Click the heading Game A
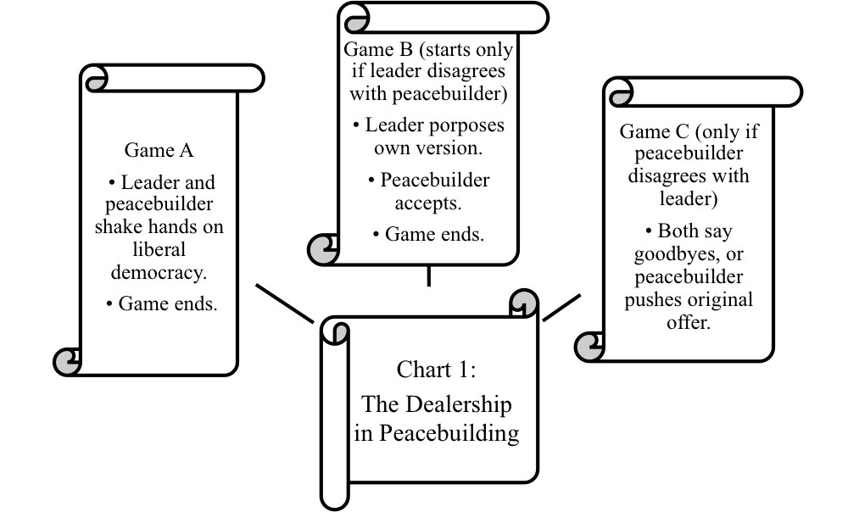point(159,150)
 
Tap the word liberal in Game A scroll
point(159,249)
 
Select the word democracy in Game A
point(159,272)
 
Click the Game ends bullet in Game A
point(162,303)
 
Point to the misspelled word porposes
point(434,125)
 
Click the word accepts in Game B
point(428,203)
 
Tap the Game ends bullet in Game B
point(428,234)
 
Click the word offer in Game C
point(688,322)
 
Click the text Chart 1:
point(436,370)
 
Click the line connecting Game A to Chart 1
point(285,303)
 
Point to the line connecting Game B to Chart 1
point(428,275)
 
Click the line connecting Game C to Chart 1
point(561,307)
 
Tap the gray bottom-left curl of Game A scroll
point(67,362)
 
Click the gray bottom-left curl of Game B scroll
point(323,249)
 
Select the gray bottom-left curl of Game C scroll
point(589,347)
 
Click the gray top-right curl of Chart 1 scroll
point(524,303)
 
